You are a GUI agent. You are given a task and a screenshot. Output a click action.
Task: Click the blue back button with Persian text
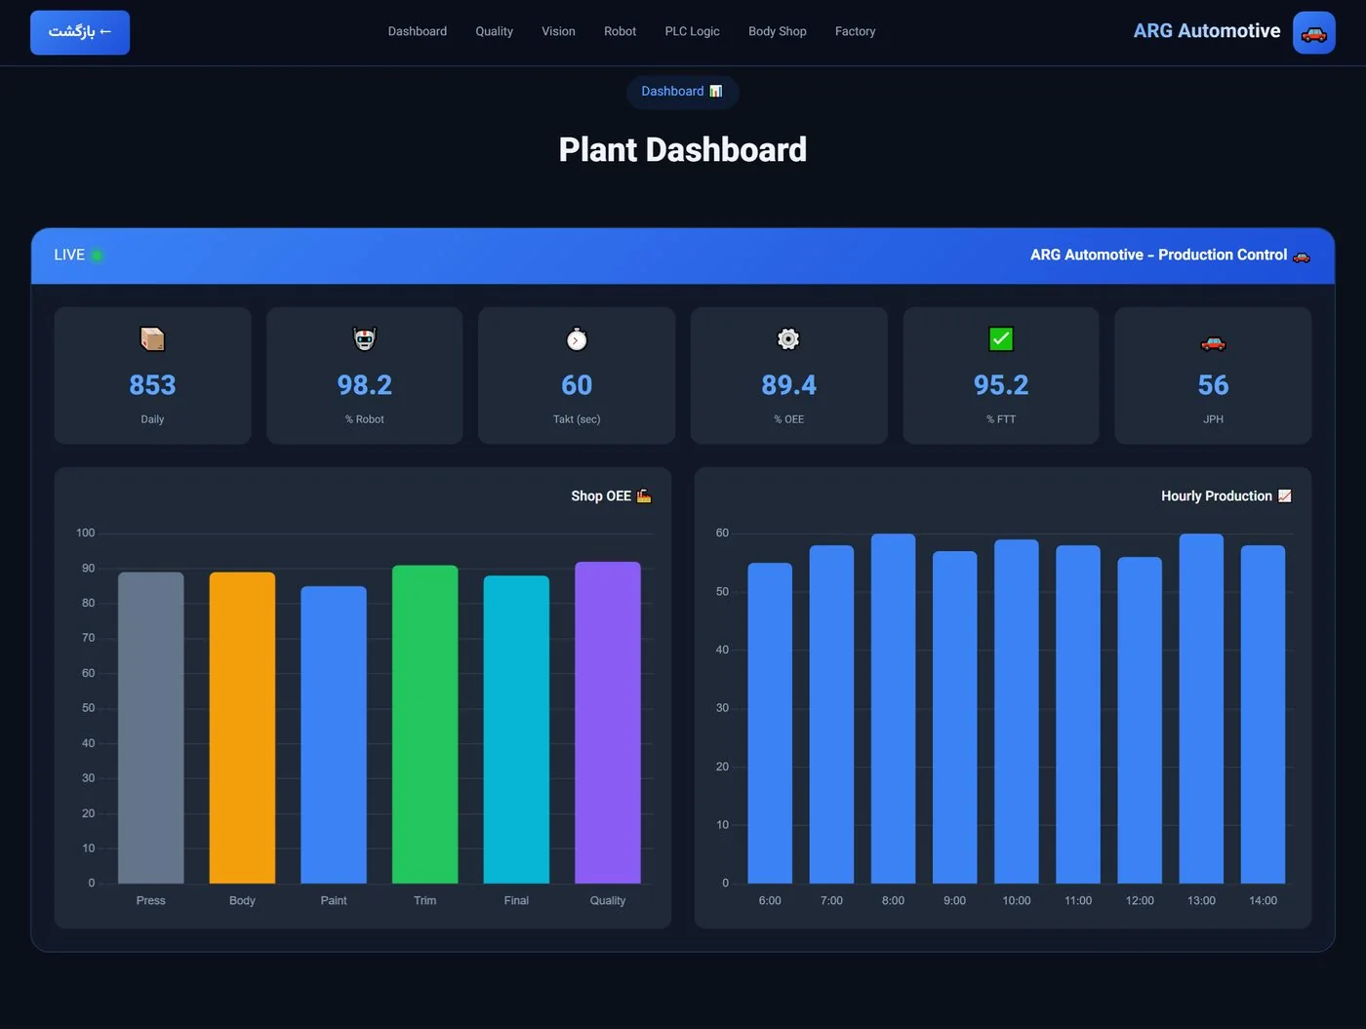tap(80, 32)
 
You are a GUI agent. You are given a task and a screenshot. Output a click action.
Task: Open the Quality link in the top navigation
tap(494, 31)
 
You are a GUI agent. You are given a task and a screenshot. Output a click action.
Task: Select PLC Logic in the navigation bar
tap(692, 31)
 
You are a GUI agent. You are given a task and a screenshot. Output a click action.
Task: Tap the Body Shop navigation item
tap(778, 31)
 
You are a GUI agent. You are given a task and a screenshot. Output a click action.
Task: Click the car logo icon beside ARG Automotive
tap(1313, 32)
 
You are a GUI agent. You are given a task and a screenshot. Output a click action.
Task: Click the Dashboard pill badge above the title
tap(683, 92)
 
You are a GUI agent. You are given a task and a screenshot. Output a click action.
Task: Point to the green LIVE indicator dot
tap(97, 256)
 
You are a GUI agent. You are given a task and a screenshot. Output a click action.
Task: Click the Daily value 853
tap(152, 385)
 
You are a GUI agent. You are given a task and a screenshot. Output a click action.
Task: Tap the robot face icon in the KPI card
tap(365, 339)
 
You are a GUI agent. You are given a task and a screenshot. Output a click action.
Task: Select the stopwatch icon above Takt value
tap(577, 339)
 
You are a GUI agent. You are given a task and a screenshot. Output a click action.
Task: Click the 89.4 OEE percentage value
tap(788, 385)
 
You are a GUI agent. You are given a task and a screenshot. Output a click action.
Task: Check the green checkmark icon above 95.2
tap(1001, 339)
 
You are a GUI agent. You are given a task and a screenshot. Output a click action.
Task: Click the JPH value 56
tap(1213, 385)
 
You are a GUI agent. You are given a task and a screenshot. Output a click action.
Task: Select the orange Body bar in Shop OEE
tap(242, 728)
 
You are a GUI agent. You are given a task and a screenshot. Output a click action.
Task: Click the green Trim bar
tap(425, 724)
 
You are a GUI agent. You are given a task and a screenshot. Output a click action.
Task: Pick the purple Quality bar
tap(608, 723)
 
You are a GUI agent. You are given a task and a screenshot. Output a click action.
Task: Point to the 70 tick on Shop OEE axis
tap(89, 638)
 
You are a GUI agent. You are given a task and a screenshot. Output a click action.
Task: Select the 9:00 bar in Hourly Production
tap(954, 717)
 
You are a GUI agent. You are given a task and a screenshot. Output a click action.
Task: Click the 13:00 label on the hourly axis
tap(1201, 900)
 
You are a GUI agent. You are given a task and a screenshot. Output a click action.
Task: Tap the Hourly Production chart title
tap(1217, 495)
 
